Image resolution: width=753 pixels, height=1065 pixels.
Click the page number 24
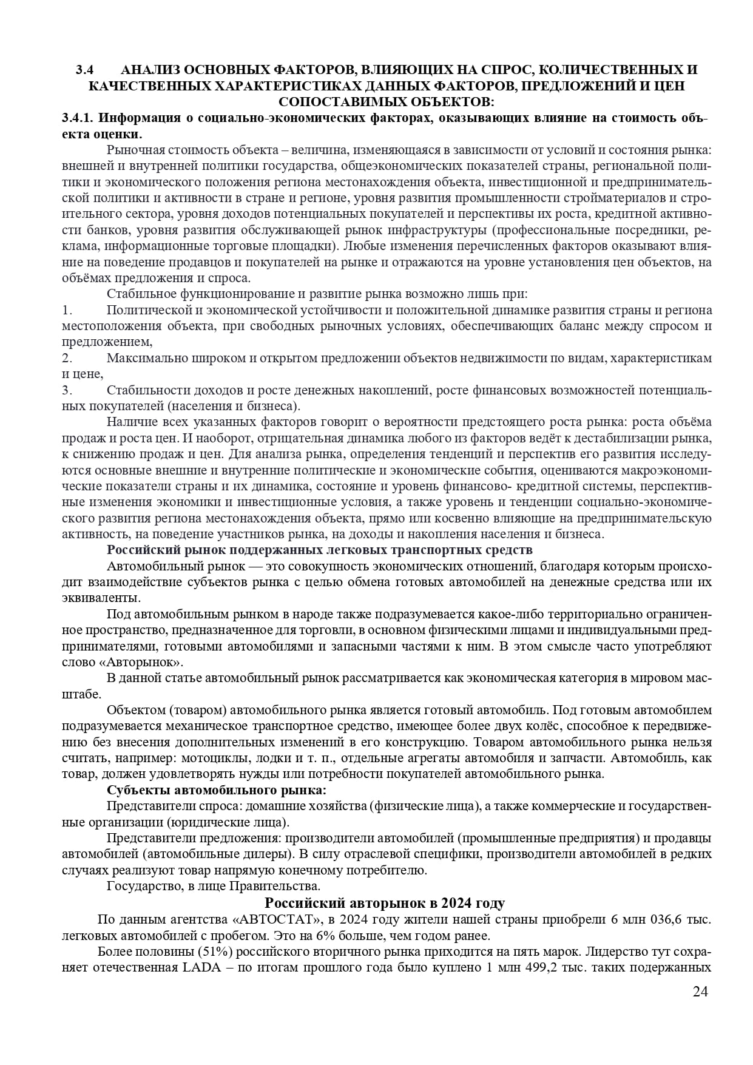click(700, 992)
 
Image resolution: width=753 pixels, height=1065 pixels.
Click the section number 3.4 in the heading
click(84, 70)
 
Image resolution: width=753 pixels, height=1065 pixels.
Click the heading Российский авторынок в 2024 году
click(385, 903)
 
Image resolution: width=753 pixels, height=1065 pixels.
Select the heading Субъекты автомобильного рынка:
click(217, 790)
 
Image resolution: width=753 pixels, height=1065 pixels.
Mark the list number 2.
click(67, 358)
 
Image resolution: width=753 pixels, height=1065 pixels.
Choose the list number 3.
click(67, 390)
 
